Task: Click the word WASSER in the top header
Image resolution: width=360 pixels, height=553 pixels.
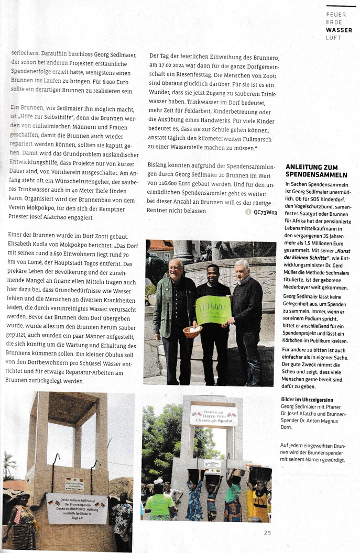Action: tap(339, 30)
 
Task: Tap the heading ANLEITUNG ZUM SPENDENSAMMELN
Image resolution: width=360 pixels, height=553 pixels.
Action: tap(316, 171)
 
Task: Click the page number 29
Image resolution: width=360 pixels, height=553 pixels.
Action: tap(267, 533)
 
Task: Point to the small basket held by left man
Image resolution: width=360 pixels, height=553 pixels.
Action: tap(192, 331)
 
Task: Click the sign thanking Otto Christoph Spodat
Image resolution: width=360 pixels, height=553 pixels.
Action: tap(213, 415)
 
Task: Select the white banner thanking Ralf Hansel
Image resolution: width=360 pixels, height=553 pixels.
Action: tap(77, 507)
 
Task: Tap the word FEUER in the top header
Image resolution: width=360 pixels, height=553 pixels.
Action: tap(336, 15)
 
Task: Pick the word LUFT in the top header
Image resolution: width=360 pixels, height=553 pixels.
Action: tap(333, 38)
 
